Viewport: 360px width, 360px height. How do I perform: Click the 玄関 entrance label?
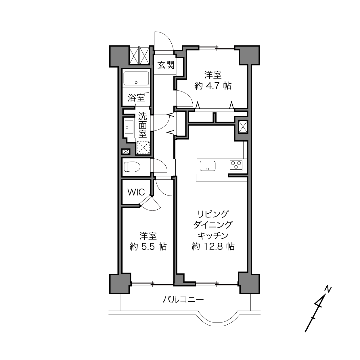166,65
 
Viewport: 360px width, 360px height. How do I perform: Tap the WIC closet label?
136,192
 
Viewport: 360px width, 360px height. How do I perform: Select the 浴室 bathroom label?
136,97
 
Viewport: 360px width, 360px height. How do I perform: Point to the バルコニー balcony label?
183,299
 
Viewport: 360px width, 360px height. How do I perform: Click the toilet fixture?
132,167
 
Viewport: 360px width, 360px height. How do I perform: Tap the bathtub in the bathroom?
136,78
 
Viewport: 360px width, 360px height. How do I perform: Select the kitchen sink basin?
208,166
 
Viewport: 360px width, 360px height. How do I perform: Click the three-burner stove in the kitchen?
236,166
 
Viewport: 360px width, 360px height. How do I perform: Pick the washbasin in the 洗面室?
129,127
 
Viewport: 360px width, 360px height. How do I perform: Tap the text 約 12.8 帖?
213,247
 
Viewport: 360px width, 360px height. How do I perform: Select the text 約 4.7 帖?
213,86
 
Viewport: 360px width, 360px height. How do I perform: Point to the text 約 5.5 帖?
148,247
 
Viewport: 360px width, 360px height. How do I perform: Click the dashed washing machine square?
143,148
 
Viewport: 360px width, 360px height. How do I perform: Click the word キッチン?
213,235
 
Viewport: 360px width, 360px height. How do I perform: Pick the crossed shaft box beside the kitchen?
243,127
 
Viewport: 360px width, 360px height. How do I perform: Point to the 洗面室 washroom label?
143,125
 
